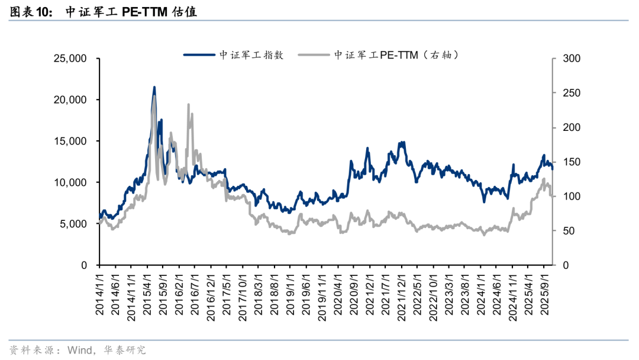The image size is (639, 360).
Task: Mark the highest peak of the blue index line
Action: pos(154,88)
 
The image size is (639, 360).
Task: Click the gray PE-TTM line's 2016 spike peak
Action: pos(189,105)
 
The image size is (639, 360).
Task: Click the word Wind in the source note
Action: pos(79,350)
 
